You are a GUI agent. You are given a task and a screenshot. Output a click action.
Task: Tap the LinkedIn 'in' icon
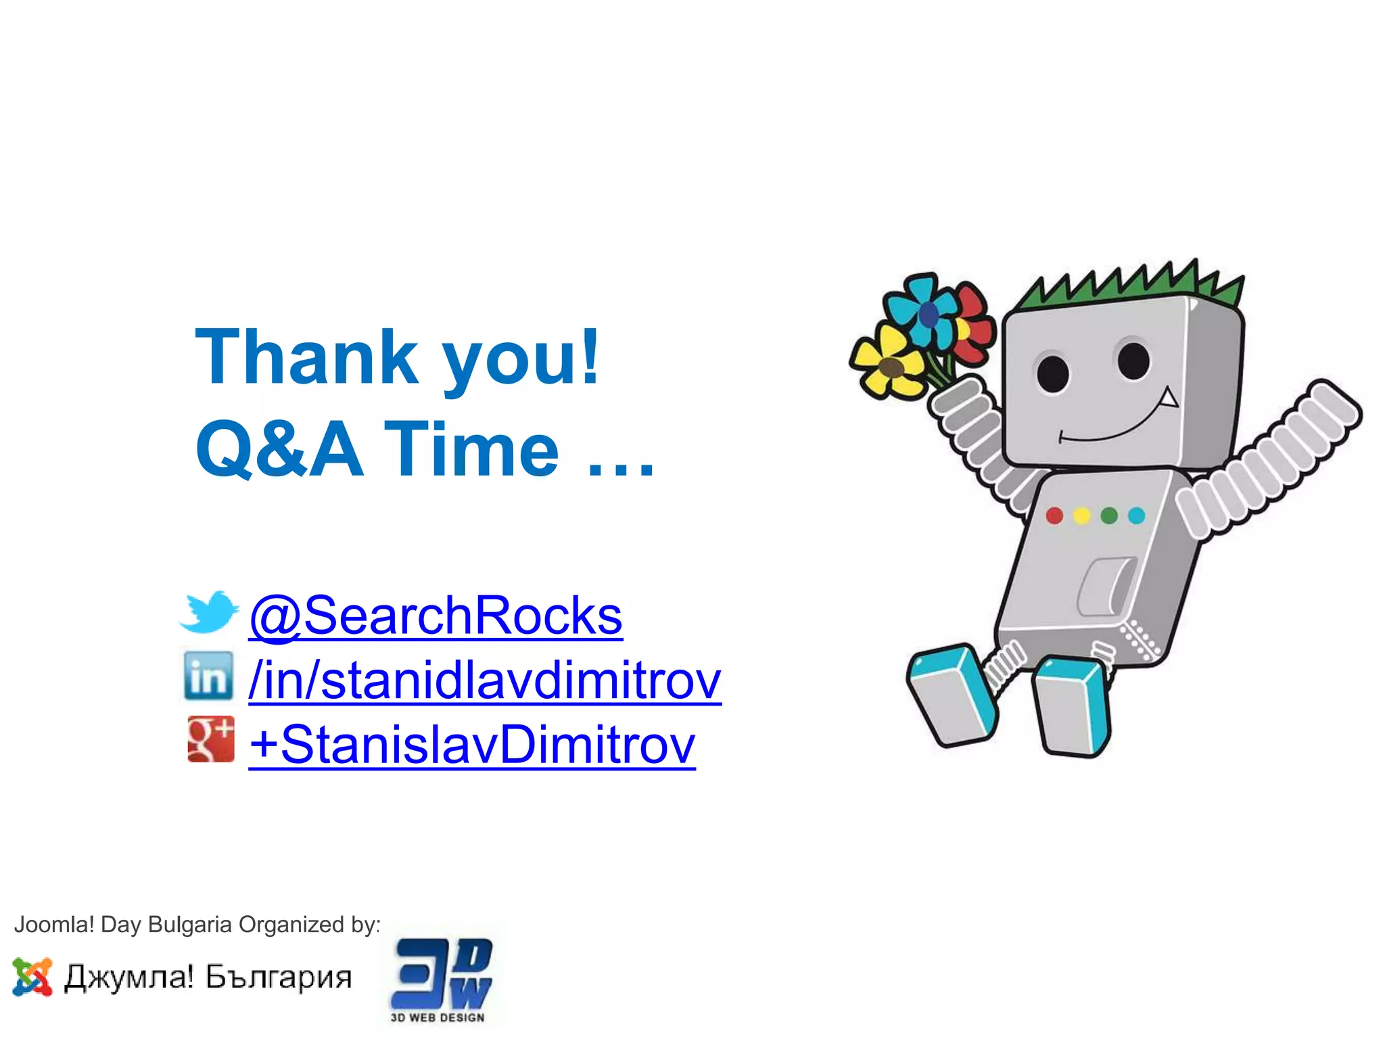tap(208, 676)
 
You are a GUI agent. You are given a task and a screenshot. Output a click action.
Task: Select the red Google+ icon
tap(211, 739)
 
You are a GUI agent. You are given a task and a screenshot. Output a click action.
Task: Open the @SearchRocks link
tap(436, 616)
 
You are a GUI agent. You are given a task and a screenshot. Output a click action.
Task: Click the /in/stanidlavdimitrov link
tap(484, 680)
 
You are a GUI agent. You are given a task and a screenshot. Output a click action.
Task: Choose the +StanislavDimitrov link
tap(471, 744)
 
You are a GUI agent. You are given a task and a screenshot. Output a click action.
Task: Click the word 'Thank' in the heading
tap(306, 357)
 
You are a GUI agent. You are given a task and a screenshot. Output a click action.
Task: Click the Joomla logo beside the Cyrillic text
tap(32, 977)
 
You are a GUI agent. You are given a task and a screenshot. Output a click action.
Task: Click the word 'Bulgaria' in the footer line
tap(189, 924)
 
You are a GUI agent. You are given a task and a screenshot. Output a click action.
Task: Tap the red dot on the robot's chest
tap(1054, 516)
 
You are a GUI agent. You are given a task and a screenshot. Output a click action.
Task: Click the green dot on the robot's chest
tap(1109, 516)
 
